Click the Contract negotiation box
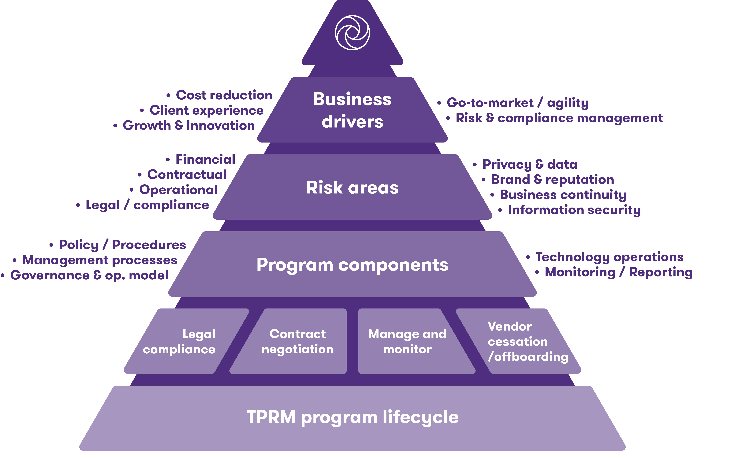(x=297, y=341)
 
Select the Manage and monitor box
(x=407, y=341)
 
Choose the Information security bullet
(x=574, y=210)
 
